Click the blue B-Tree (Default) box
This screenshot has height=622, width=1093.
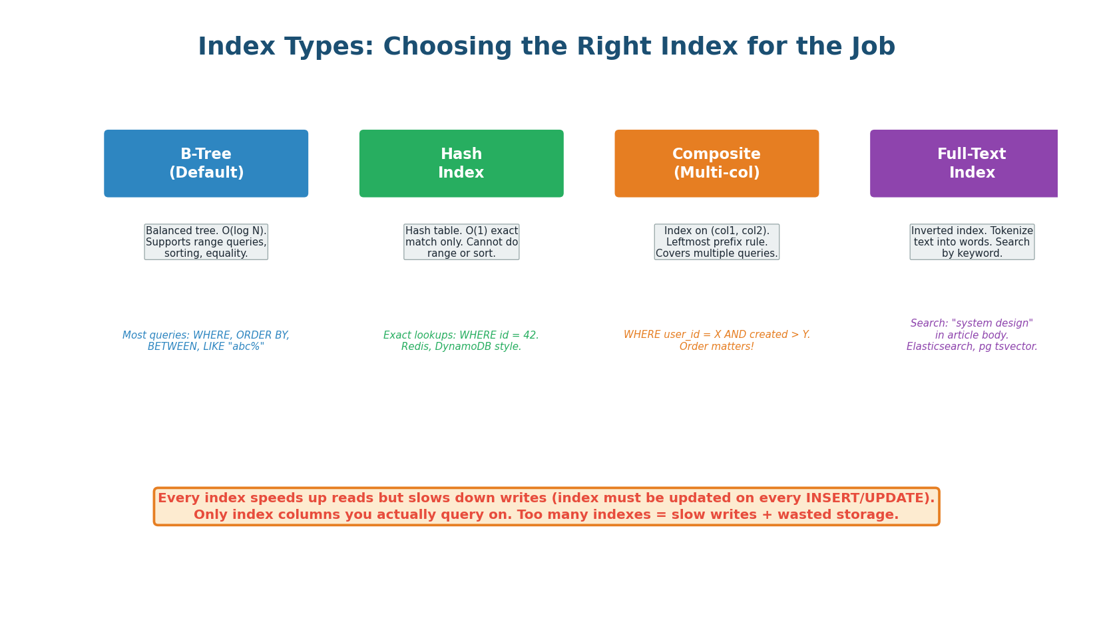[x=206, y=164]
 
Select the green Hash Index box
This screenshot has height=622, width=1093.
[x=461, y=164]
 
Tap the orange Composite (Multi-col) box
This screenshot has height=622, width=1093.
[x=716, y=164]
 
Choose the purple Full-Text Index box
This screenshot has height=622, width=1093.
[x=965, y=164]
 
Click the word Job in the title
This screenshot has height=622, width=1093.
[x=873, y=47]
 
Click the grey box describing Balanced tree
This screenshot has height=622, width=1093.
[x=206, y=242]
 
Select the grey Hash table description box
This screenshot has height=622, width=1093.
[x=461, y=242]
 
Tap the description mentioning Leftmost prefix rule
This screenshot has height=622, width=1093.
[x=716, y=242]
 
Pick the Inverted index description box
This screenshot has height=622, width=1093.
[x=972, y=242]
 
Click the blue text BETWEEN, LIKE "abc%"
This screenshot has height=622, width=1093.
[x=206, y=347]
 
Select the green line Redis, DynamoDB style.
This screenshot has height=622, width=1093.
[x=461, y=347]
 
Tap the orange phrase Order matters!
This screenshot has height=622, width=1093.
[x=716, y=347]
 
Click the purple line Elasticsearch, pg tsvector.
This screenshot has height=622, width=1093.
[x=972, y=347]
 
